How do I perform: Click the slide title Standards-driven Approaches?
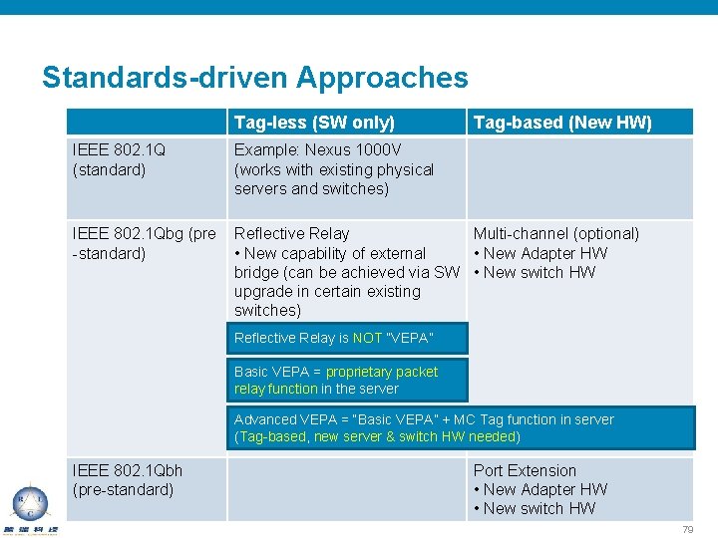click(254, 78)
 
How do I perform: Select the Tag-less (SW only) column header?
click(314, 123)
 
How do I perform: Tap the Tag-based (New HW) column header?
click(562, 123)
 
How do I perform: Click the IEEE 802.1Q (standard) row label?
click(119, 159)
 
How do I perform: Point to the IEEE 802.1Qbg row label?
click(144, 243)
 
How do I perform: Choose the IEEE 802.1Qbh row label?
click(128, 479)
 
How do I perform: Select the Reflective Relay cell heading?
click(291, 234)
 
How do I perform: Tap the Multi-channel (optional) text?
click(556, 234)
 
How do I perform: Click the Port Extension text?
click(525, 470)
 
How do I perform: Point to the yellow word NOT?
click(366, 339)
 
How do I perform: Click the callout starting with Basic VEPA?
click(335, 380)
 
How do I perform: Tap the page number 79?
click(687, 530)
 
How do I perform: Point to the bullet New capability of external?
click(329, 253)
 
